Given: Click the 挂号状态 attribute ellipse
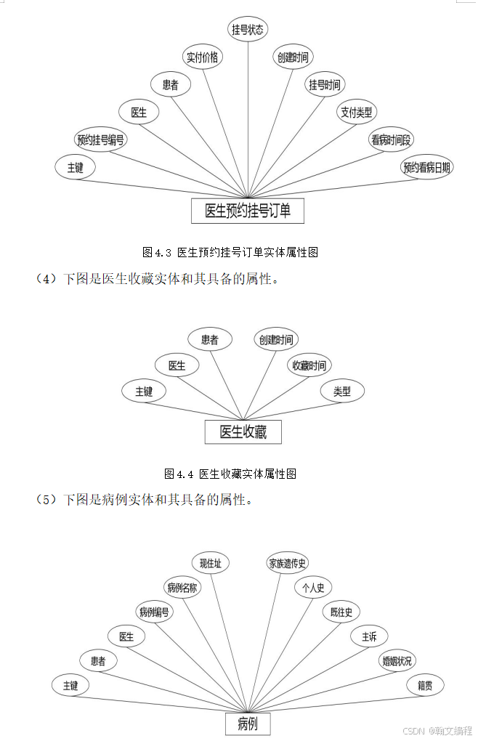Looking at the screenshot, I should point(248,30).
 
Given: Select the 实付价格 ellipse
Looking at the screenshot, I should point(202,57).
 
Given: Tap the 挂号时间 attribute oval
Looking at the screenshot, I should point(324,85).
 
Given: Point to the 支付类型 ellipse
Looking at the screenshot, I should point(356,112).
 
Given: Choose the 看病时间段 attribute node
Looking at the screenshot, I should point(391,140).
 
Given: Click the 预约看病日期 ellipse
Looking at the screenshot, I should point(427,168).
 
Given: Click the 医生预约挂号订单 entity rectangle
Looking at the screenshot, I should point(247,211).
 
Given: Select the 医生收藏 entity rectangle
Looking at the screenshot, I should point(243,432).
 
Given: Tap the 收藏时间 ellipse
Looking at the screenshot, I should point(309,365).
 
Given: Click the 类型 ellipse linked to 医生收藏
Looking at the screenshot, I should point(341,392).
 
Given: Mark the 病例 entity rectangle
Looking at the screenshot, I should point(247,724).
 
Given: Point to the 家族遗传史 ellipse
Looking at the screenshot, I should point(288,563).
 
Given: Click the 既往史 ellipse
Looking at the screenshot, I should point(341,612).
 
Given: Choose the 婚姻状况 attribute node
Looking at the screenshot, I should point(397,660).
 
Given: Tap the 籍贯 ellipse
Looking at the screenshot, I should point(425,685).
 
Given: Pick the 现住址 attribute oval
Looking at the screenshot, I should point(214,563).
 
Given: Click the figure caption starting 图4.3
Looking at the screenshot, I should point(230,253).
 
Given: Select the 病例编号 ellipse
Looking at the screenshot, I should point(154,612).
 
